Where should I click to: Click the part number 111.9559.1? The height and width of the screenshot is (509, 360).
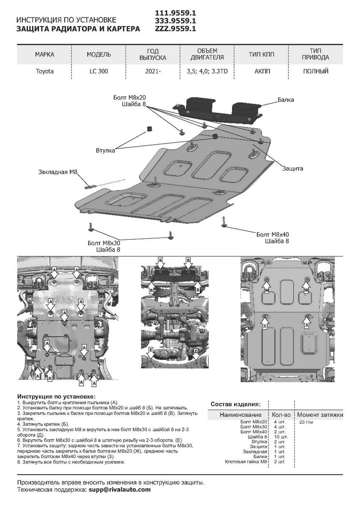point(175,13)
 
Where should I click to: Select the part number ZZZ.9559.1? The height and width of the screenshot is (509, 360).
point(175,29)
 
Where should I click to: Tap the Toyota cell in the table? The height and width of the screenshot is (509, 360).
point(45,71)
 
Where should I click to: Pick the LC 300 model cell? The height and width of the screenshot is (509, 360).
point(99,71)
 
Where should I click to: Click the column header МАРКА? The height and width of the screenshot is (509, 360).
point(45,55)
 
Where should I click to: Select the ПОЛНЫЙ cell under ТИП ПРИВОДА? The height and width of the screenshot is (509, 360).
point(315,71)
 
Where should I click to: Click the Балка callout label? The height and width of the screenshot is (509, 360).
point(286,100)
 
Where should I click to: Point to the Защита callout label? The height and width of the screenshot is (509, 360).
point(293,168)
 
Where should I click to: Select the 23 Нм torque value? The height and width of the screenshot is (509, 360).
point(305,422)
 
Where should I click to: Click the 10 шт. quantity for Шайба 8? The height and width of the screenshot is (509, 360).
point(281,436)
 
